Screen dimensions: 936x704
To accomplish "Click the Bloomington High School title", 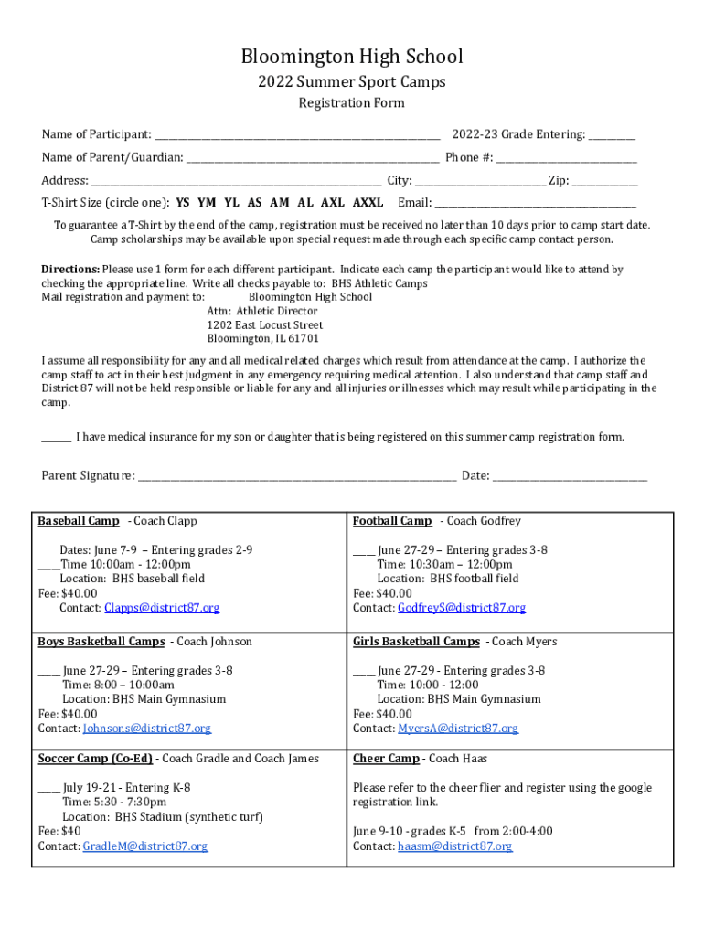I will pos(352,57).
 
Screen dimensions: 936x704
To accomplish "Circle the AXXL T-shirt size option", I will pos(368,203).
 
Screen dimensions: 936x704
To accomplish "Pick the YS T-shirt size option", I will pos(183,203).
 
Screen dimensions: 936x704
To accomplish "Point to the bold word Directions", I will pos(70,270).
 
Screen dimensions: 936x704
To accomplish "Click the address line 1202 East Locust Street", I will pos(265,324).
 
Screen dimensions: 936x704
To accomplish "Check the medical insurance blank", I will pos(56,438).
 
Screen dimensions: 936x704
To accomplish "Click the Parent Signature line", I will pos(297,477).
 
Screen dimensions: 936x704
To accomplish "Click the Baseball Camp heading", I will pos(79,521).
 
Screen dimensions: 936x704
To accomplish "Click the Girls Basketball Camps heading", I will pos(416,642).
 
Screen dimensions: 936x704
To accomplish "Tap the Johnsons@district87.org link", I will pos(147,729).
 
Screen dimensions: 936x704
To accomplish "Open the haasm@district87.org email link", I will pos(455,846).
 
